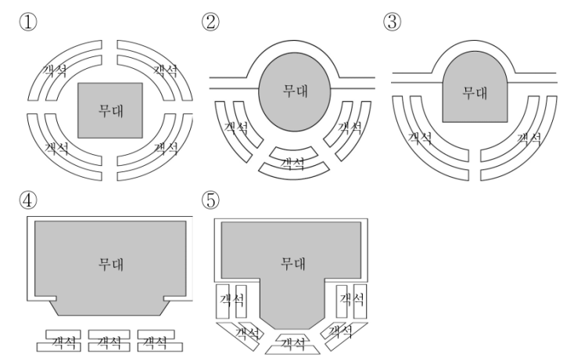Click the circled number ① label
[x=28, y=22]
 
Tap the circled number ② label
[x=210, y=22]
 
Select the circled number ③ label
[x=392, y=22]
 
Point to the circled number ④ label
[x=28, y=200]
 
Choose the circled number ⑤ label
[x=210, y=200]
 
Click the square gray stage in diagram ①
[x=110, y=110]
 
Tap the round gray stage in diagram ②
[x=295, y=92]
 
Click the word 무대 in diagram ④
[x=111, y=264]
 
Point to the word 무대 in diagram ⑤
[x=292, y=263]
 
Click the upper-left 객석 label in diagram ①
[x=55, y=70]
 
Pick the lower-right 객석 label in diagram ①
[x=166, y=148]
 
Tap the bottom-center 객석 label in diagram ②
[x=292, y=164]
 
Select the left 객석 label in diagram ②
[x=236, y=128]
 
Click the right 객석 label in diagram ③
[x=529, y=139]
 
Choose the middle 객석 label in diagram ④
[x=109, y=342]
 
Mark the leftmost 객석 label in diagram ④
[x=64, y=342]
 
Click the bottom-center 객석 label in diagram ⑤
[x=292, y=344]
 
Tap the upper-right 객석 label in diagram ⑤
[x=352, y=299]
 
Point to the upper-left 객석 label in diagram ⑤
[x=232, y=300]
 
